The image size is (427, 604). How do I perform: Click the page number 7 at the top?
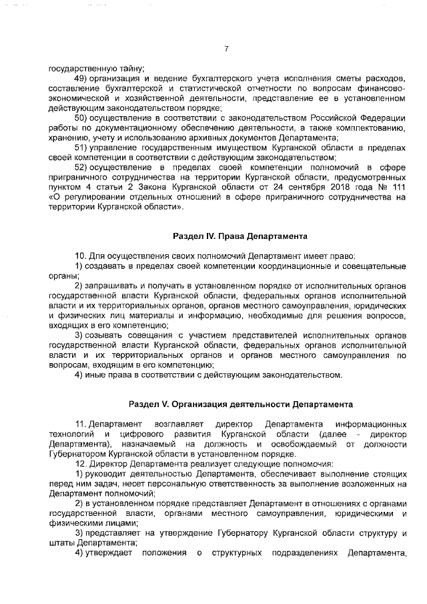coord(227,49)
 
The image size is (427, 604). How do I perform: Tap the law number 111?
coord(402,188)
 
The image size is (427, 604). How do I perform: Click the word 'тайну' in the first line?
coord(131,69)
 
